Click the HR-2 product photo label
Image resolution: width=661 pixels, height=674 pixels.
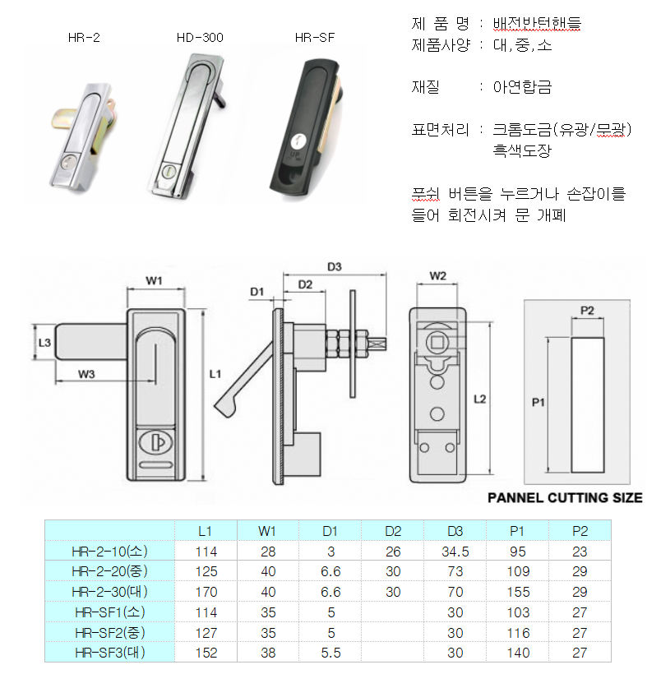[x=84, y=38]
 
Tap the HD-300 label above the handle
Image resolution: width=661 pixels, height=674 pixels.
[x=200, y=38]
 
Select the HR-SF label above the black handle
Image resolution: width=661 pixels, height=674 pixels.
[x=315, y=38]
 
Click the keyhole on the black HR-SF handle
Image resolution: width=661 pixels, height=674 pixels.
[x=297, y=141]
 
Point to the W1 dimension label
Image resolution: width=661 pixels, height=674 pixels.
[x=154, y=280]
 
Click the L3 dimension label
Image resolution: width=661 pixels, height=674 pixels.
[x=44, y=343]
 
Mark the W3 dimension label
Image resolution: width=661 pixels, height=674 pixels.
[x=86, y=374]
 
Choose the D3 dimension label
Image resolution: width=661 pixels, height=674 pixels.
[x=334, y=267]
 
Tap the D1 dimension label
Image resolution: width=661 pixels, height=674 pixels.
[x=257, y=292]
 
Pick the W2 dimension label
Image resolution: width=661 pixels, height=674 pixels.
[x=438, y=276]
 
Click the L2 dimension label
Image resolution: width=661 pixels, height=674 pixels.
[x=480, y=399]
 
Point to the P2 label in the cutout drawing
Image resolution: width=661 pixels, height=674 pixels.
[x=587, y=311]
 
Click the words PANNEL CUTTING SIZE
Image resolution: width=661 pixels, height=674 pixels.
[x=565, y=498]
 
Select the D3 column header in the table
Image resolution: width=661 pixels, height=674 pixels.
[x=455, y=531]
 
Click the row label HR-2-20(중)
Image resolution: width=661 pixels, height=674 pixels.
[x=109, y=571]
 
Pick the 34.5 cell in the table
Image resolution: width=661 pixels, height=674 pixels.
[x=455, y=552]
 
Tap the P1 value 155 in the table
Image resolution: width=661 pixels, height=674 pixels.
[x=518, y=592]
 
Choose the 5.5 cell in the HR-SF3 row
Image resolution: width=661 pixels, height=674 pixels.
[x=330, y=653]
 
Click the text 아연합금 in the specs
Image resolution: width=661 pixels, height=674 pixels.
[x=522, y=87]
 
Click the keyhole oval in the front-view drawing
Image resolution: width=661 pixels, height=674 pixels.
[x=155, y=442]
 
